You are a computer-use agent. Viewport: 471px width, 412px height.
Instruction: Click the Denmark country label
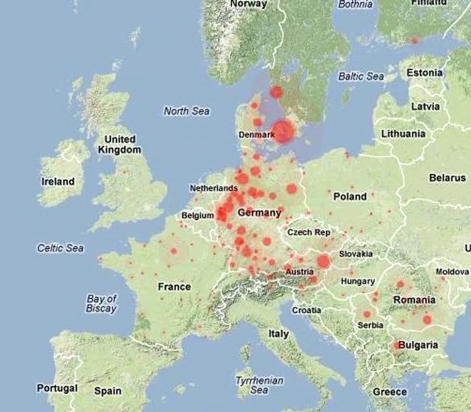click(x=256, y=135)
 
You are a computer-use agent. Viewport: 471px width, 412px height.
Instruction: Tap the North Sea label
click(x=186, y=111)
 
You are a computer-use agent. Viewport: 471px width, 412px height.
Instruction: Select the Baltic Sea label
click(x=361, y=77)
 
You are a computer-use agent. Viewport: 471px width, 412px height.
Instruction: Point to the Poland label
click(x=350, y=197)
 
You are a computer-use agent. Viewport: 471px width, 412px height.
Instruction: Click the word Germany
click(x=259, y=213)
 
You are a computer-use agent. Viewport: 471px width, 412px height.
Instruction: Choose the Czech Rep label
click(x=309, y=232)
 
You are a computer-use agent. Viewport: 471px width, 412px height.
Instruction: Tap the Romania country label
click(x=414, y=300)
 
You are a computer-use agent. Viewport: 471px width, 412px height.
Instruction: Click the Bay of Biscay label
click(x=102, y=304)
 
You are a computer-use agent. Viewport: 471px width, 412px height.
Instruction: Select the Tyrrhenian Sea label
click(x=252, y=385)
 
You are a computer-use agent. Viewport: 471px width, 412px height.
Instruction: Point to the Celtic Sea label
click(x=61, y=248)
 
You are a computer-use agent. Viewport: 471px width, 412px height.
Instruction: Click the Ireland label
click(x=59, y=182)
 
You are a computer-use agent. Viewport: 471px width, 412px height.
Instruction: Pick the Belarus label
click(x=447, y=178)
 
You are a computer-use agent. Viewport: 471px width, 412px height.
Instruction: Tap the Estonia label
click(x=425, y=73)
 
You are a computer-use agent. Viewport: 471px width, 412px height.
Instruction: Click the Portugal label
click(x=57, y=388)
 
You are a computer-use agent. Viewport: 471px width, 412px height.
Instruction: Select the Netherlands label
click(x=213, y=188)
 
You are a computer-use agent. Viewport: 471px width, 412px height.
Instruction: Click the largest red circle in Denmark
click(x=283, y=131)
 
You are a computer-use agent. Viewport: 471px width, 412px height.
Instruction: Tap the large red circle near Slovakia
click(x=324, y=261)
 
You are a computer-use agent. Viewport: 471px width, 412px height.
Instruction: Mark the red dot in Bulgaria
click(x=396, y=345)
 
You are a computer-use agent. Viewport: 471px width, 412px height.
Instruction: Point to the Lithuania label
click(x=403, y=134)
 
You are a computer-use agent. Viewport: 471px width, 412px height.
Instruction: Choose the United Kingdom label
click(x=120, y=145)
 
